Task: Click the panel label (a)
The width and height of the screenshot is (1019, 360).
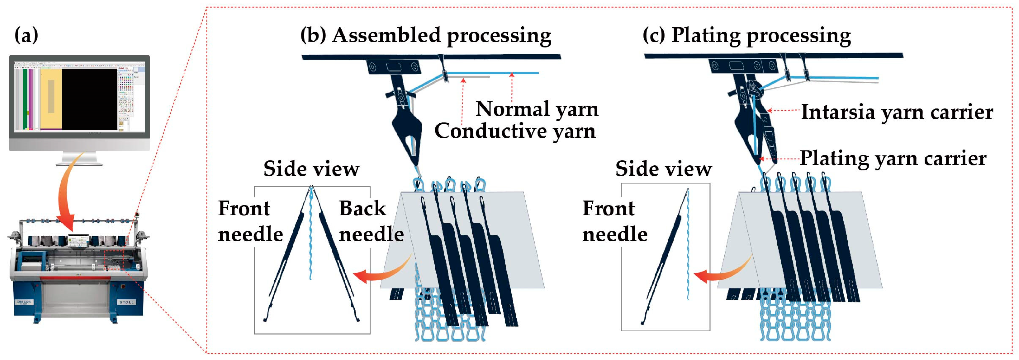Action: (x=26, y=35)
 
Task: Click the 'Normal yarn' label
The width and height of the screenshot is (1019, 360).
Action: (x=537, y=109)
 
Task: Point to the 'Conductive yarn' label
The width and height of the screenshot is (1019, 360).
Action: (x=515, y=131)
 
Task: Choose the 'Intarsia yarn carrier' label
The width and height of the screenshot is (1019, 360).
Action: (x=897, y=112)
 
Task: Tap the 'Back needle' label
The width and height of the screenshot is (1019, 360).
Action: (x=371, y=221)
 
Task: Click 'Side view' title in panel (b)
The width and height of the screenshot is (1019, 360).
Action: (x=311, y=169)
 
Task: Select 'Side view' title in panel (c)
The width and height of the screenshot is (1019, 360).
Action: (x=663, y=169)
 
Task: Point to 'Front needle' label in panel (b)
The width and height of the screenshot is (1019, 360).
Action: (x=250, y=221)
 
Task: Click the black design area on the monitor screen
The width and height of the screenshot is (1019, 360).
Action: (x=89, y=99)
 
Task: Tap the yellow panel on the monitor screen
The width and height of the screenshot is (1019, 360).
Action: (x=51, y=99)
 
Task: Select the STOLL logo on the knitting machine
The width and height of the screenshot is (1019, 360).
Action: (x=126, y=302)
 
